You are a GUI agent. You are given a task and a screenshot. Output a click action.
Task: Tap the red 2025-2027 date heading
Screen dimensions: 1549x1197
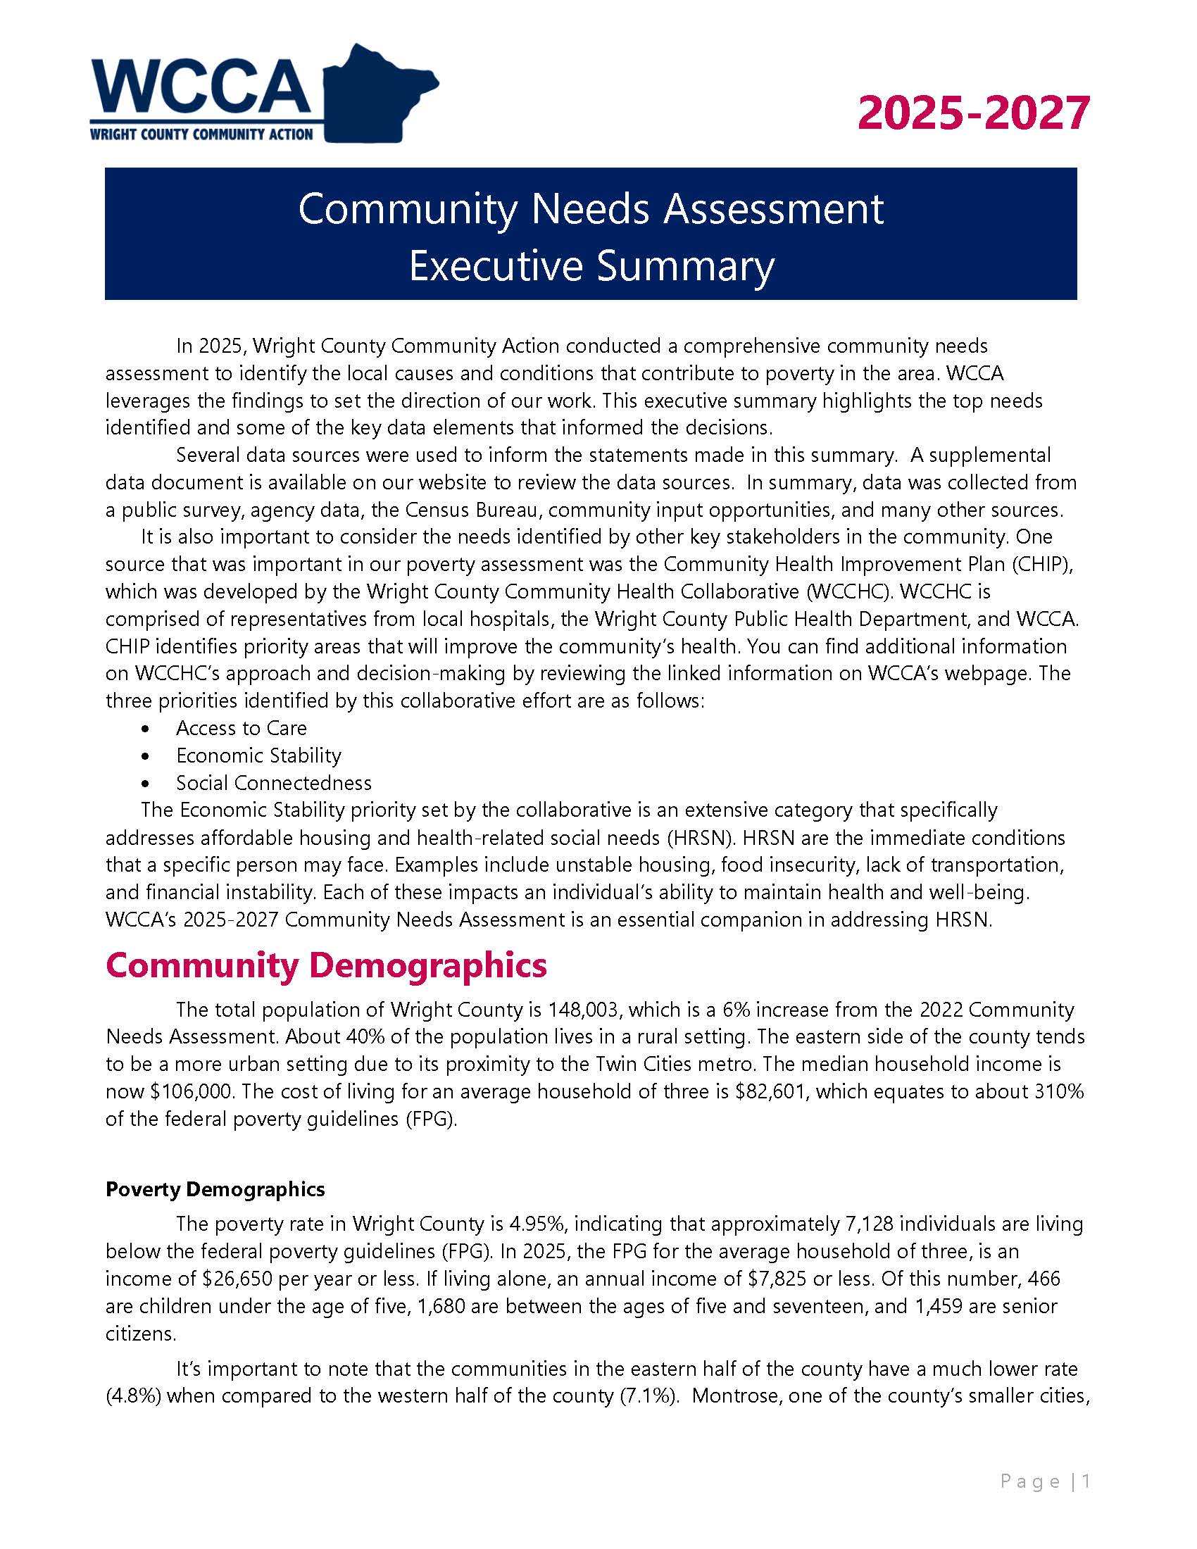[x=973, y=113]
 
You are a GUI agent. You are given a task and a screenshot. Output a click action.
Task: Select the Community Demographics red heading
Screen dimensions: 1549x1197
[x=326, y=965]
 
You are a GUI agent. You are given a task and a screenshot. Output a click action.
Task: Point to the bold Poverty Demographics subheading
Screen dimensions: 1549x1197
[x=215, y=1189]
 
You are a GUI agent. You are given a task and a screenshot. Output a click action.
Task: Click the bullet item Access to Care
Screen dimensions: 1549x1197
[x=241, y=728]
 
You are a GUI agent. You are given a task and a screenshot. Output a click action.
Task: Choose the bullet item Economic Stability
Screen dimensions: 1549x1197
[x=259, y=755]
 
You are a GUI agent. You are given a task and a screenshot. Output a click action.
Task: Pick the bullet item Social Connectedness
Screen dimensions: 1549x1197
[x=274, y=783]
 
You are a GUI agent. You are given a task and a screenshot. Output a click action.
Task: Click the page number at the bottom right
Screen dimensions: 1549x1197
[x=1086, y=1481]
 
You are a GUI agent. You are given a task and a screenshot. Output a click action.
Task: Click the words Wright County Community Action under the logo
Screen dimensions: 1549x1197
[x=201, y=134]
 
